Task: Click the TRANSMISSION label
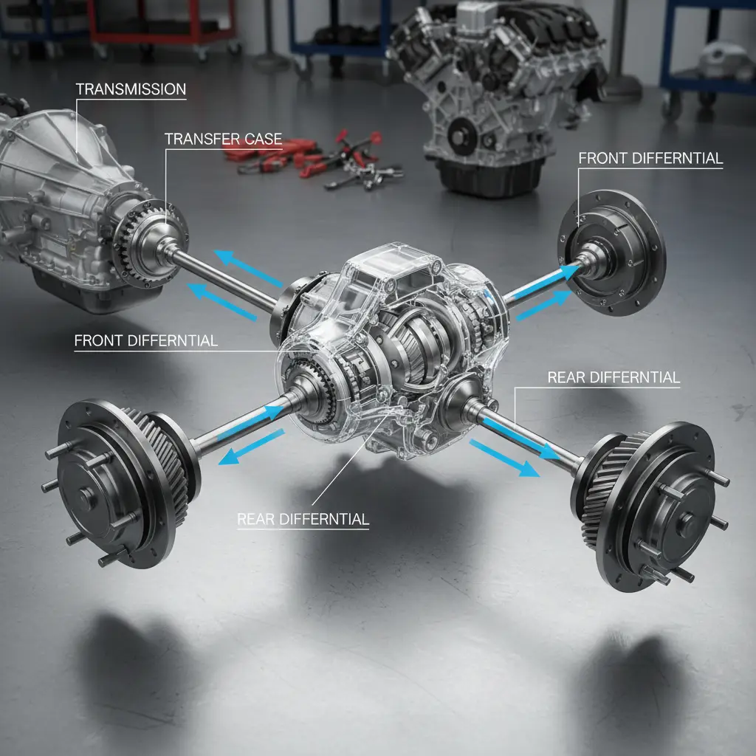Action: [131, 89]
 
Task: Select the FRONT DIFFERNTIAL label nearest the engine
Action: [650, 159]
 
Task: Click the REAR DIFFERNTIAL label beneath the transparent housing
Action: [303, 519]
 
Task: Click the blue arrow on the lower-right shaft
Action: [502, 458]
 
